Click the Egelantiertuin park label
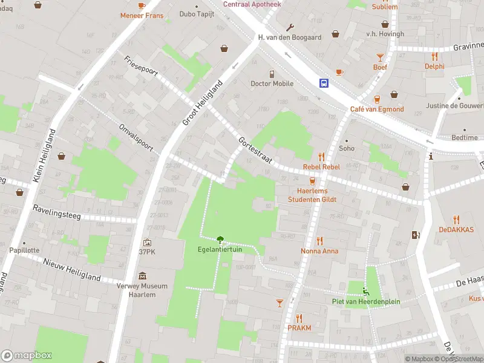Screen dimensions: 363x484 click(x=220, y=249)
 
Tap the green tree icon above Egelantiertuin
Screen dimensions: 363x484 click(x=220, y=239)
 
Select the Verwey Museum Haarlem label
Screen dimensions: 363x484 click(x=142, y=290)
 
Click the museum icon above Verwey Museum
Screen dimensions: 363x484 click(x=142, y=276)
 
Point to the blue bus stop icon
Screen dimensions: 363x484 click(x=325, y=83)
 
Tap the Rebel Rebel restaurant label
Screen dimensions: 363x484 click(x=321, y=167)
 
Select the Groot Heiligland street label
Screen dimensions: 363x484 click(x=203, y=103)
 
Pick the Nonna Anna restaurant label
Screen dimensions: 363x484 click(x=319, y=250)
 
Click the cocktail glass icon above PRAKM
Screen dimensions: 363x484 click(x=280, y=302)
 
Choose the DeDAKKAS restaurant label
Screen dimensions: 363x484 click(x=456, y=230)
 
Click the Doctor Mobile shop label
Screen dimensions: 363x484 click(x=272, y=83)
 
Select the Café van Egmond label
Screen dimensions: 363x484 click(x=376, y=109)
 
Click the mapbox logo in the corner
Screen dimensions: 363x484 click(x=27, y=356)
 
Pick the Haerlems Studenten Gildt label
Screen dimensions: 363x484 click(x=312, y=195)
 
